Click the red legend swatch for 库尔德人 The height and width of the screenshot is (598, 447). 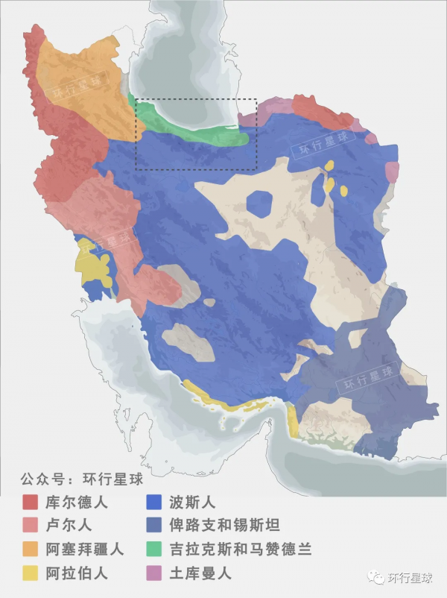[x=31, y=502]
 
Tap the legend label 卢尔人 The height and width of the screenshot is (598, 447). [x=69, y=526]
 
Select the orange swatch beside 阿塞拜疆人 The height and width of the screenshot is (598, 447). [x=31, y=550]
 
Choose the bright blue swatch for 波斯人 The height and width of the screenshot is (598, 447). [x=155, y=502]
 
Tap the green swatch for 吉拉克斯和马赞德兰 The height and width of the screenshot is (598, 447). [x=155, y=550]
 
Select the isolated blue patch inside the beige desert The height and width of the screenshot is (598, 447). [x=260, y=204]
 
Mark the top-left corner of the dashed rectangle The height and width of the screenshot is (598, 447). [x=136, y=99]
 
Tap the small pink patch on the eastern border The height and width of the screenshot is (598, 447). [x=391, y=172]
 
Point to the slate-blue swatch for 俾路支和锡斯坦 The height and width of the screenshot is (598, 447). [x=155, y=526]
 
